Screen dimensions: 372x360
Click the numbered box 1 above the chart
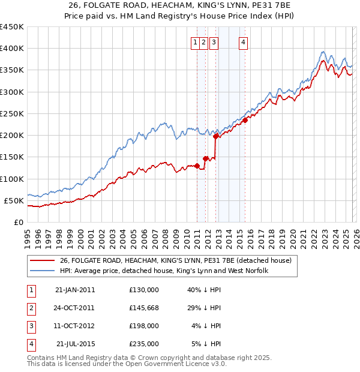click(x=196, y=42)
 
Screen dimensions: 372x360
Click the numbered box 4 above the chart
click(x=243, y=42)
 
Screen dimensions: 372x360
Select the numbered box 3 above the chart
click(x=214, y=42)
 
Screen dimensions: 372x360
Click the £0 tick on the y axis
click(x=19, y=222)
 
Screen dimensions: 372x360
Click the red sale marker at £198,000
click(x=215, y=136)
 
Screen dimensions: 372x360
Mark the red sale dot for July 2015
click(x=245, y=120)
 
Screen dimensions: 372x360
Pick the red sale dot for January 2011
click(x=197, y=166)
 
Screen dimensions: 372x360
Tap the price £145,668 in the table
click(x=144, y=308)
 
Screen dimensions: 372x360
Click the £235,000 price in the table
click(x=144, y=344)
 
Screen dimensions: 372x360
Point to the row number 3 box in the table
click(x=30, y=326)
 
